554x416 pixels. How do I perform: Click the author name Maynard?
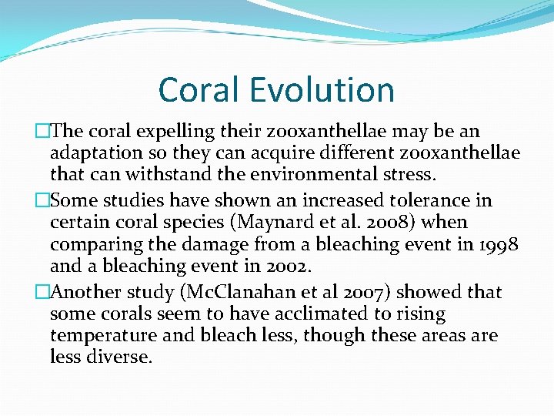[x=292, y=223]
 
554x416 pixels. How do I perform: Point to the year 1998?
[x=499, y=244]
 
